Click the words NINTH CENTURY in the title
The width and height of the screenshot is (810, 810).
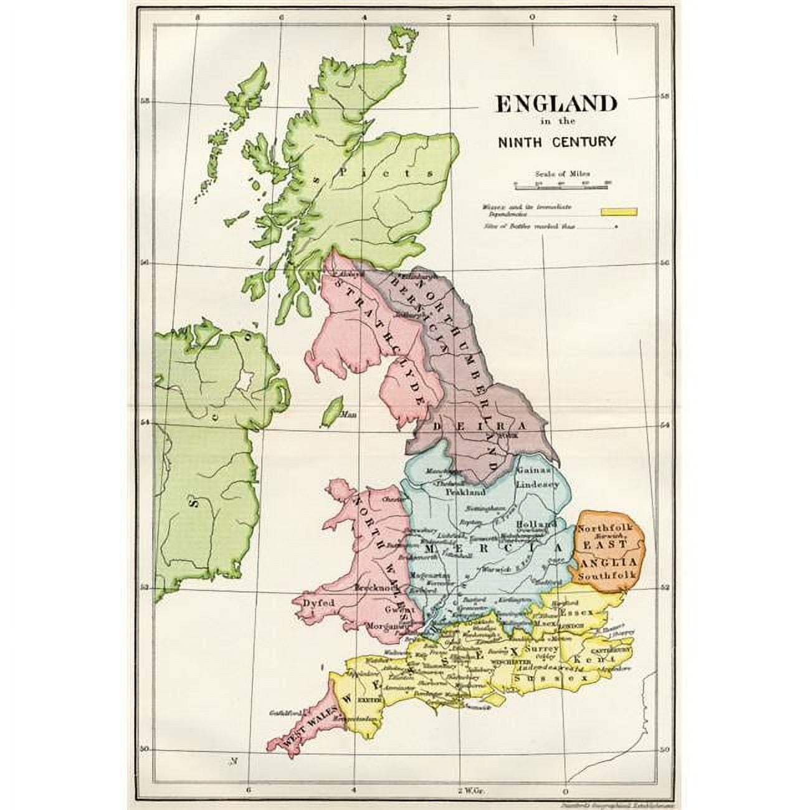pos(556,141)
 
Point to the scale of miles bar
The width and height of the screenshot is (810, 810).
pos(561,185)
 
